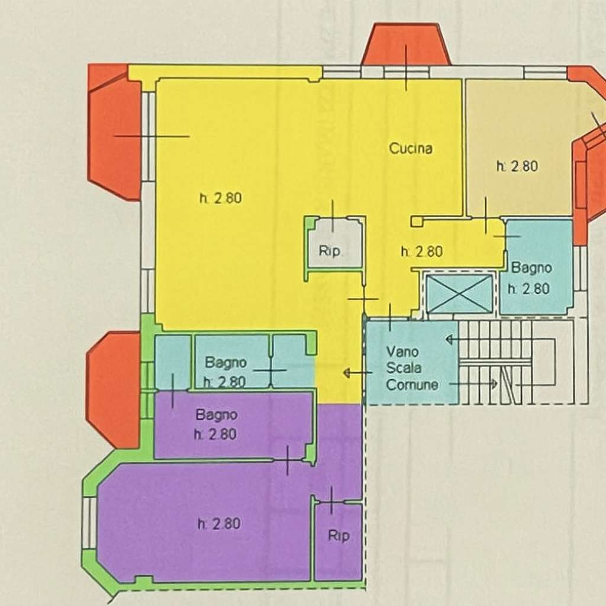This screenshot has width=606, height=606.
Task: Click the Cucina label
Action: point(411,149)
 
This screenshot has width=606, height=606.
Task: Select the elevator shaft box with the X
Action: point(459,294)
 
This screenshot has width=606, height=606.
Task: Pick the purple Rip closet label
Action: point(339,536)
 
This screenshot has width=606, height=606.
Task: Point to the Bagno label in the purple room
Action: point(216,415)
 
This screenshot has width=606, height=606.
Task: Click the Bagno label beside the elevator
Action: point(531,267)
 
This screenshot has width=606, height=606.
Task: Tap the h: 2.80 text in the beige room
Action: point(517,166)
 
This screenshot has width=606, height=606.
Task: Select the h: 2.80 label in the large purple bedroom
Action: point(219,524)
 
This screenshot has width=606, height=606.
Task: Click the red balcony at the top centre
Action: point(406,44)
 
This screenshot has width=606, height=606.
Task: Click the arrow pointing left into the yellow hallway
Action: point(357,373)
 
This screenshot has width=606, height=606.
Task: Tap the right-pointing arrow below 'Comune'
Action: point(473,383)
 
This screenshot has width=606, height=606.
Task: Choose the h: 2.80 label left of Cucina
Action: point(221,198)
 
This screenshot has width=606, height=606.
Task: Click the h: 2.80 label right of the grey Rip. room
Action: point(421,252)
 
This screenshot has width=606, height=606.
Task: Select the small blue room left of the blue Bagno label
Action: point(173,362)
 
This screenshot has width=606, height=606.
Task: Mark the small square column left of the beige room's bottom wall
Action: point(416,221)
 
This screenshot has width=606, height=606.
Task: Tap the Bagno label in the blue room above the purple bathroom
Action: point(225,363)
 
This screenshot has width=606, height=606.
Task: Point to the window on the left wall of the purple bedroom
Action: point(89,523)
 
